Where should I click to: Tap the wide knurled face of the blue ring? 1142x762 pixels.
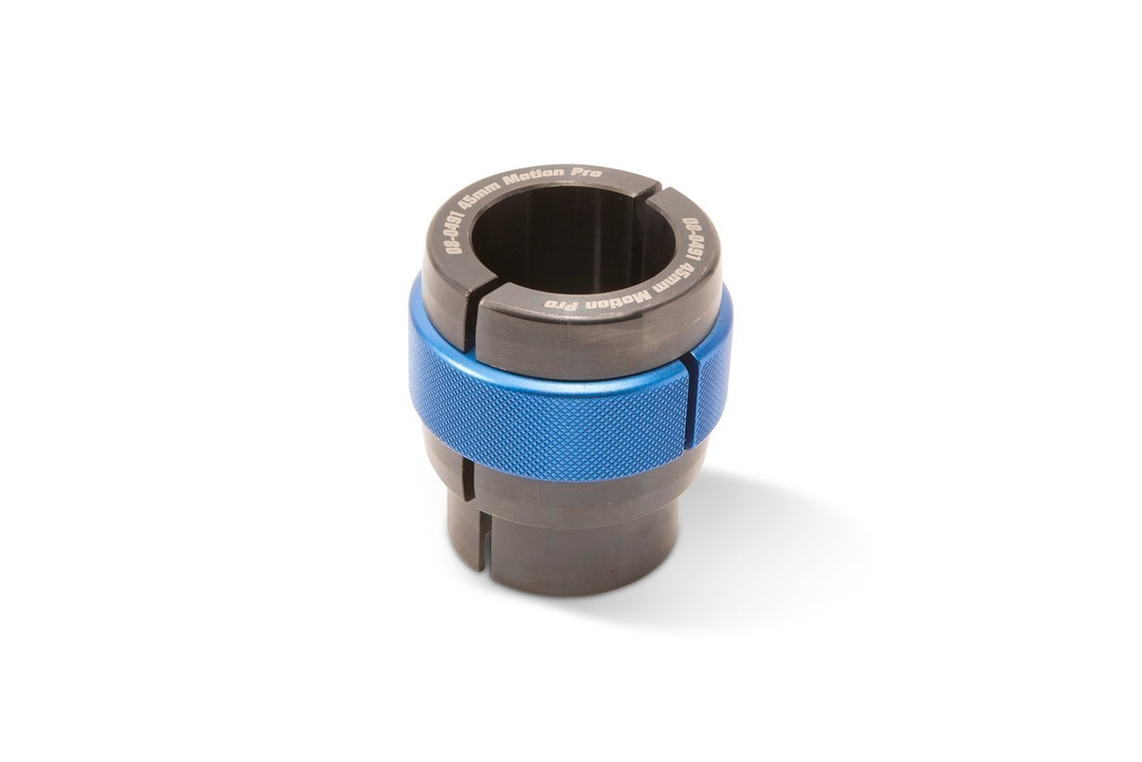546,423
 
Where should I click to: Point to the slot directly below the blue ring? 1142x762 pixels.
470,470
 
